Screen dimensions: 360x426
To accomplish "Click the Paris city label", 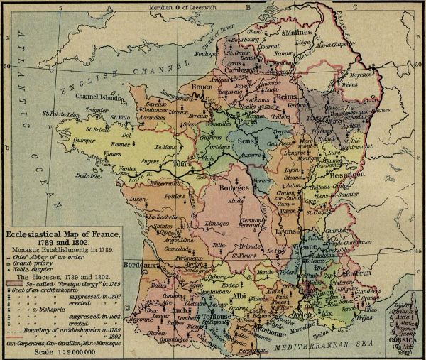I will coord(246,121).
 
